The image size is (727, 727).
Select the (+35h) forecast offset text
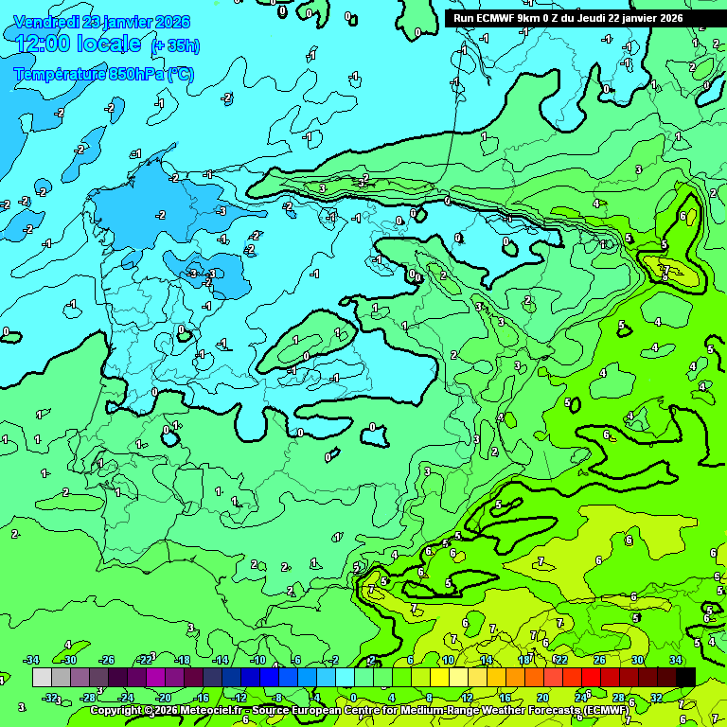point(176,46)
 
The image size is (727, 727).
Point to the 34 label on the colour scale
point(675,660)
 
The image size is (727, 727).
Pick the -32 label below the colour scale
point(51,698)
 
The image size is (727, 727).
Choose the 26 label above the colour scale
point(599,660)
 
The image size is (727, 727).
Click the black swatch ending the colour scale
point(685,677)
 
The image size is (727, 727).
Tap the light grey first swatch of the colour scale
point(42,677)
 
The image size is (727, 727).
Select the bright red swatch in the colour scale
point(591,677)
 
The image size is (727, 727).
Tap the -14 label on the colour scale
point(221,660)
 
